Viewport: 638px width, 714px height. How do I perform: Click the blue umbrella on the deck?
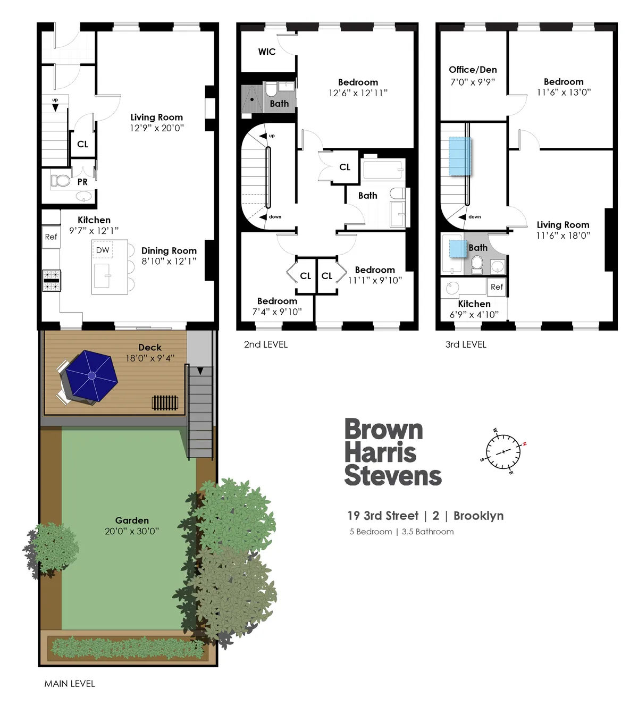pyautogui.click(x=91, y=375)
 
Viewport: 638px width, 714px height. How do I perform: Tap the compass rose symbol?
pyautogui.click(x=503, y=451)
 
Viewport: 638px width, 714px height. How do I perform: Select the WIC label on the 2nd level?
pyautogui.click(x=267, y=52)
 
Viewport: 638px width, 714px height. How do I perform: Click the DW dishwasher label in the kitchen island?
pyautogui.click(x=103, y=250)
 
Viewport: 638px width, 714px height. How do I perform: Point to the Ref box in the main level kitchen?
pyautogui.click(x=51, y=237)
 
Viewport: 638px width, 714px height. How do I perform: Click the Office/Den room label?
pyautogui.click(x=473, y=70)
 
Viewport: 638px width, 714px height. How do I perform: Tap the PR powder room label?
pyautogui.click(x=82, y=182)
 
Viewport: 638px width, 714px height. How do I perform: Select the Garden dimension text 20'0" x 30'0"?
pyautogui.click(x=132, y=531)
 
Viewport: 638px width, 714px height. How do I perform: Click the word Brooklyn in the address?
pyautogui.click(x=478, y=516)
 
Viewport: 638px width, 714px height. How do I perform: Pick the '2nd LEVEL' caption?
pyautogui.click(x=266, y=345)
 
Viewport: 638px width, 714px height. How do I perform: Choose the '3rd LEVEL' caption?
pyautogui.click(x=466, y=345)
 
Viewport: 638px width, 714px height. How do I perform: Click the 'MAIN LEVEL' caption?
pyautogui.click(x=70, y=684)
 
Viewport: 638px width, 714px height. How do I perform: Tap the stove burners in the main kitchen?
pyautogui.click(x=52, y=281)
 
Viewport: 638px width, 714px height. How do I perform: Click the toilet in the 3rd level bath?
pyautogui.click(x=477, y=263)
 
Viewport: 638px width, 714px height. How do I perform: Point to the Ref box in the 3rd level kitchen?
pyautogui.click(x=497, y=287)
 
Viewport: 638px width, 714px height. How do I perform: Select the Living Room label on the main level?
pyautogui.click(x=157, y=117)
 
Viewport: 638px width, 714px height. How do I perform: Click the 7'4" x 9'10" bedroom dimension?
pyautogui.click(x=277, y=312)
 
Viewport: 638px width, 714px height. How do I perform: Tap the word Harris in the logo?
pyautogui.click(x=380, y=453)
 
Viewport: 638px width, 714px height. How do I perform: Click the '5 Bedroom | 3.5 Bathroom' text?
pyautogui.click(x=401, y=532)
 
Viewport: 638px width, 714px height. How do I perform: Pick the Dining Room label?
pyautogui.click(x=169, y=251)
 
